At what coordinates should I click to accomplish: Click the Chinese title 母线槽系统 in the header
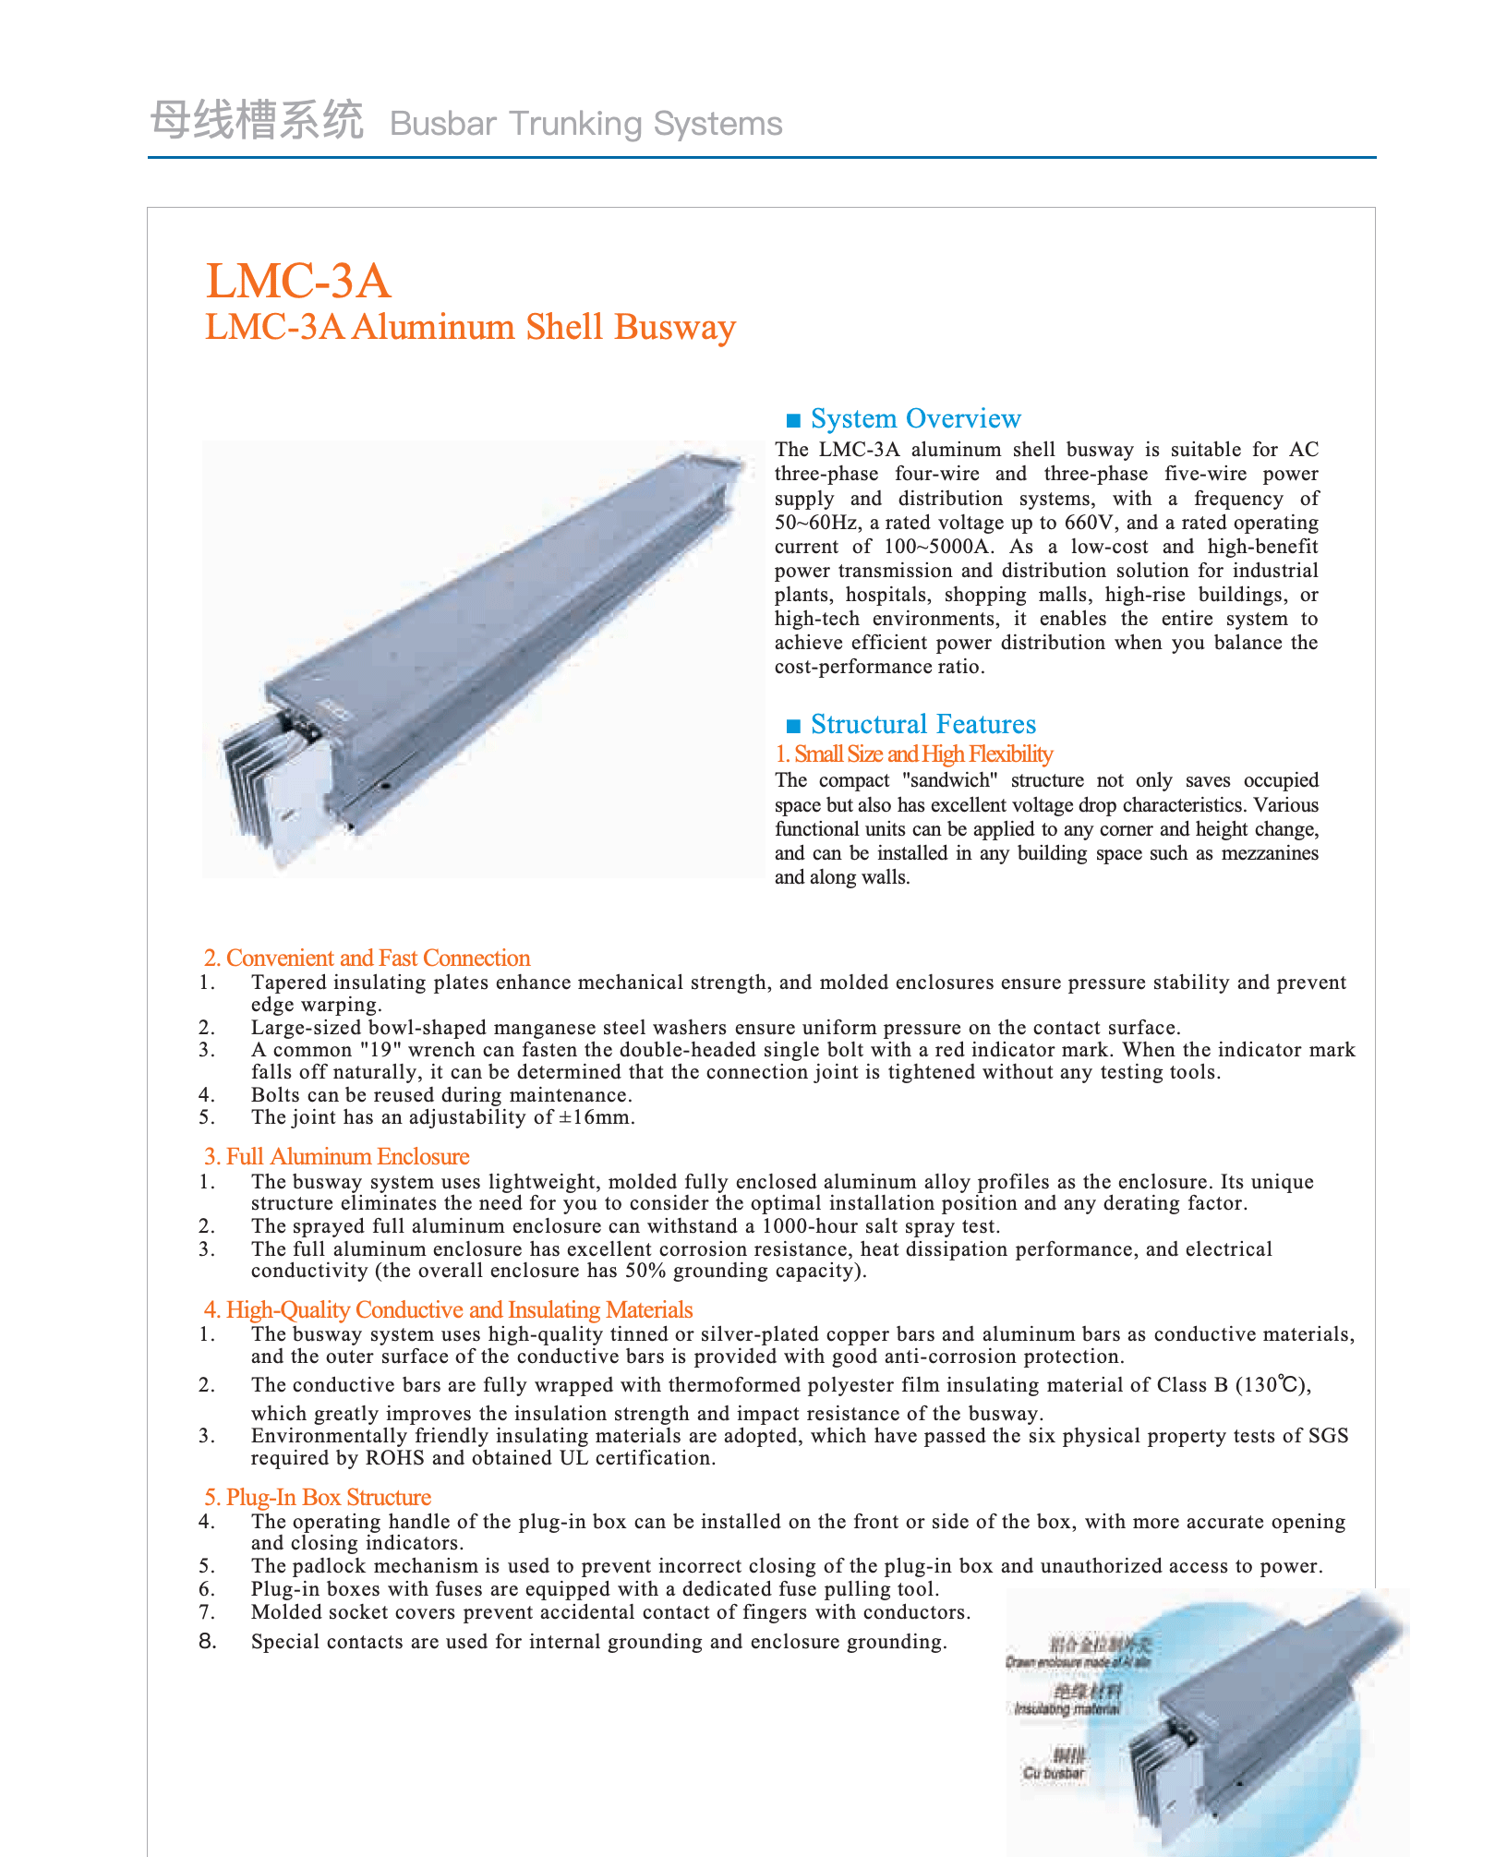[x=257, y=121]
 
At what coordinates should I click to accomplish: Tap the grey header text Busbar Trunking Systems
[x=585, y=124]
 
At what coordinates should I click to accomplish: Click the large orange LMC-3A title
[x=298, y=281]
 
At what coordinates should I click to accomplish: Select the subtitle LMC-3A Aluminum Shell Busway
[x=470, y=328]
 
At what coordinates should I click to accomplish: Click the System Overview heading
[x=915, y=418]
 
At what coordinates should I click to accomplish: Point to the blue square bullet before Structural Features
[x=791, y=725]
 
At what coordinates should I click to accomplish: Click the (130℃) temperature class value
[x=1272, y=1385]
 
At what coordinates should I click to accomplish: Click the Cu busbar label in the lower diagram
[x=1054, y=1773]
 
